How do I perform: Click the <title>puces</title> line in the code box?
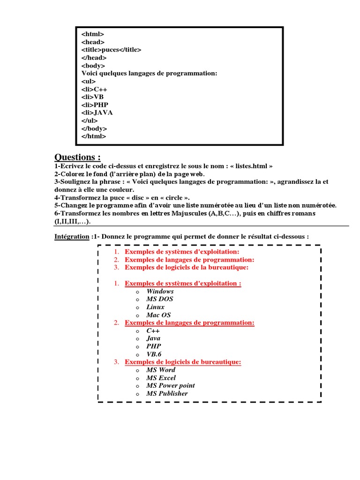(111, 50)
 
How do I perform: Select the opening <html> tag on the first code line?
(93, 34)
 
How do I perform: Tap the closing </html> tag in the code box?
(94, 136)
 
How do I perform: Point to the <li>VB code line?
(92, 97)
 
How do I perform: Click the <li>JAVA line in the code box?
(97, 112)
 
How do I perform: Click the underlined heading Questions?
(77, 157)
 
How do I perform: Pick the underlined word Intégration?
(72, 237)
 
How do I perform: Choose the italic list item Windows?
(160, 291)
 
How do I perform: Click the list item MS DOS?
(160, 299)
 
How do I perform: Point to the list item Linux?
(155, 307)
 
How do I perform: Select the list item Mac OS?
(158, 315)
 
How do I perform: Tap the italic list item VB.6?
(154, 354)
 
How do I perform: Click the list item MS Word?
(161, 370)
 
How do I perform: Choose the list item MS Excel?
(161, 378)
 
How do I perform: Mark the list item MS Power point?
(170, 385)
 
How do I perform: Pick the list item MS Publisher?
(167, 393)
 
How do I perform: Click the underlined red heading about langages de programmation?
(189, 322)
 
